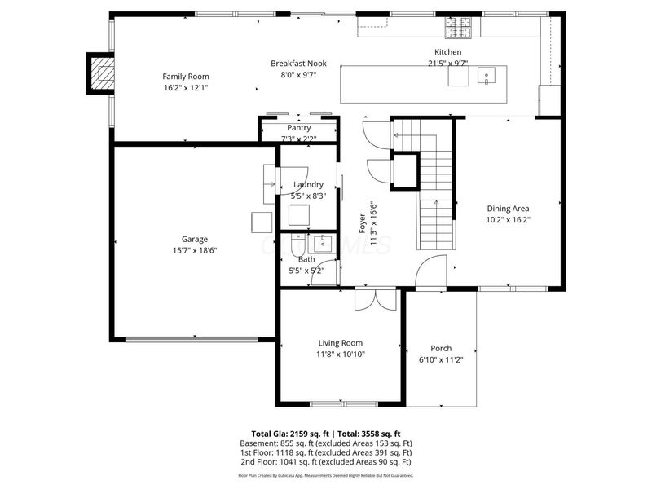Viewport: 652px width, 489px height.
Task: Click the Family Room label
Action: [186, 77]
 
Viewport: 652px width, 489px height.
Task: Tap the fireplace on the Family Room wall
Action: [103, 73]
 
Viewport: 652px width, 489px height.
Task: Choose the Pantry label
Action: [299, 128]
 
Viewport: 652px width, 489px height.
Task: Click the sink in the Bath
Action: [324, 241]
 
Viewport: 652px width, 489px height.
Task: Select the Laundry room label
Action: [308, 184]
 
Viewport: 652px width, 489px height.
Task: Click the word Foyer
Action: [363, 223]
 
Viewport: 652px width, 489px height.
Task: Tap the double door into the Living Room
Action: [376, 299]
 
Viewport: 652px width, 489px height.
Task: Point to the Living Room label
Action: [340, 343]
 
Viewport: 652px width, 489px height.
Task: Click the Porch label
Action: [441, 348]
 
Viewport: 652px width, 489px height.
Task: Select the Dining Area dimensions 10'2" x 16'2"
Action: [508, 219]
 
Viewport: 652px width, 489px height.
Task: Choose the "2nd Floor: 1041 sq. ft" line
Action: [281, 461]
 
